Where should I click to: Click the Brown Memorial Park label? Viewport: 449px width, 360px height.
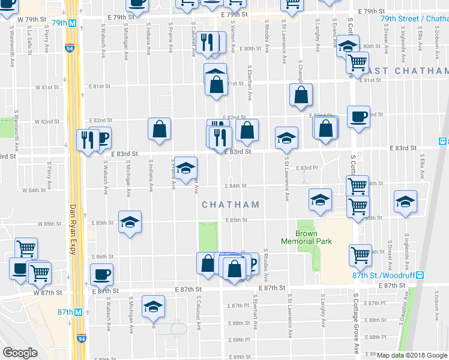(306, 237)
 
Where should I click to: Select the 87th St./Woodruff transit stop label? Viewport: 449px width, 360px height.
(384, 275)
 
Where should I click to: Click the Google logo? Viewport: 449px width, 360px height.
(20, 353)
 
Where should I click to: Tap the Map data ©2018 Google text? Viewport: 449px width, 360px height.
(411, 355)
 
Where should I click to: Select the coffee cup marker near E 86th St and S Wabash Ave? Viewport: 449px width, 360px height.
(101, 274)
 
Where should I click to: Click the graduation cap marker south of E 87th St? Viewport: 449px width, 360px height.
(153, 307)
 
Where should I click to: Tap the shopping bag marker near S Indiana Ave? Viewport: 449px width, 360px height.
(160, 129)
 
